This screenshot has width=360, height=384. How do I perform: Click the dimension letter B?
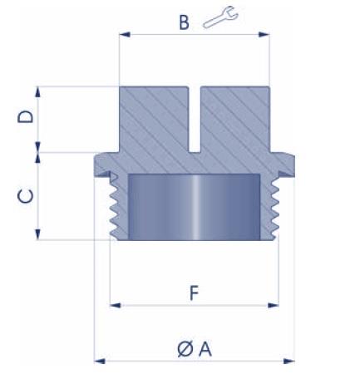coord(185,22)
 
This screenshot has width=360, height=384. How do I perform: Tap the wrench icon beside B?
coord(220,17)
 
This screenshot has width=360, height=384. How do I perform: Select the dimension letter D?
coord(26,116)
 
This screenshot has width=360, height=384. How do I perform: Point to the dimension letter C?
coord(26,196)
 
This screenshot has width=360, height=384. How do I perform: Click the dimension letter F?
coord(195,293)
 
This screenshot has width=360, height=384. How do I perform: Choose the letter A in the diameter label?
coord(205,349)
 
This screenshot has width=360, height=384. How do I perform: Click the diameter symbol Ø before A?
coord(185,349)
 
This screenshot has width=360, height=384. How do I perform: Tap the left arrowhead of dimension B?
coord(125,35)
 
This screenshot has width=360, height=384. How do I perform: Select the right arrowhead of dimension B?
coord(264,35)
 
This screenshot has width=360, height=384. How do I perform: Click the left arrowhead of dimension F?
coord(116,305)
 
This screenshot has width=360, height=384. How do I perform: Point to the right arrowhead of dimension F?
coord(274,305)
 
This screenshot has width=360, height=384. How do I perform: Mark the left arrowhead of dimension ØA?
coord(100,361)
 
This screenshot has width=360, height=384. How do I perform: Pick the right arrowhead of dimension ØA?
coord(289,361)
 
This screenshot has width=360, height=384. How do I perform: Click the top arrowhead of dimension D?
coord(38,91)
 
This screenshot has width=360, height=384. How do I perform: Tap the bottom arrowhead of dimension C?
coord(38,234)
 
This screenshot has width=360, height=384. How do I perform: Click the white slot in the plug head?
coord(195,120)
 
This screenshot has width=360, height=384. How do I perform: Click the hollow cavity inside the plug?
coord(194,207)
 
